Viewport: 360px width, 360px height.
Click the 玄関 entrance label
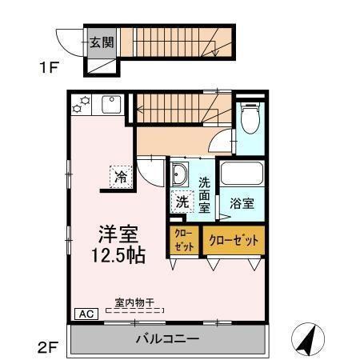pos(100,41)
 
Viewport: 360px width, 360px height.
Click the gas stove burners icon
pos(81,105)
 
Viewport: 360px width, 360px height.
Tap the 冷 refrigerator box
pos(121,177)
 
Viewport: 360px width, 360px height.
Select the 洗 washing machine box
pos(182,202)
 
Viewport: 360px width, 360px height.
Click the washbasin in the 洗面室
pos(180,175)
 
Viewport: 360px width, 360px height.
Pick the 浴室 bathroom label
pos(242,203)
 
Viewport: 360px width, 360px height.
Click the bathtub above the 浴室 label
pos(242,174)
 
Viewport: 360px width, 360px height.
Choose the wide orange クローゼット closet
pos(234,239)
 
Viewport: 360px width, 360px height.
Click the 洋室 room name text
pos(118,234)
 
